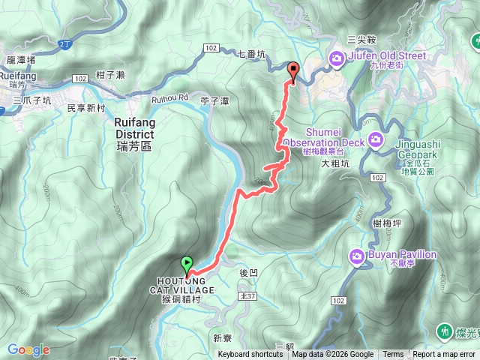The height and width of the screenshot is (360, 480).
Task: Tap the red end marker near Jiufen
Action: point(292,72)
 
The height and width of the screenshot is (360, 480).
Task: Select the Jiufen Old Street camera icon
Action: point(337,57)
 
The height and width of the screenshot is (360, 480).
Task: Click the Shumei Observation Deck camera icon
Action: point(375,141)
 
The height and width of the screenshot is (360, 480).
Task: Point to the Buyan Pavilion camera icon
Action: point(358,256)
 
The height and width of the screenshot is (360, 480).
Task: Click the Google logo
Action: point(28,349)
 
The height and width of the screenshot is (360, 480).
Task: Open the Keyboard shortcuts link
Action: point(250,355)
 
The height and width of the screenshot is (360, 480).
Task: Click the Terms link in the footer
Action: point(393,355)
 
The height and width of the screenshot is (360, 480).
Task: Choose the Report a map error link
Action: point(444,355)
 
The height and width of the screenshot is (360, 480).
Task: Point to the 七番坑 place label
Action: point(251,54)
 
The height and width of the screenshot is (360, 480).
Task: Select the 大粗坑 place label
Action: point(335,163)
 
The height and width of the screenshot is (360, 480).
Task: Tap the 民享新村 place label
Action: point(86,108)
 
